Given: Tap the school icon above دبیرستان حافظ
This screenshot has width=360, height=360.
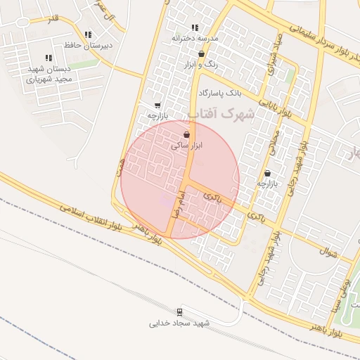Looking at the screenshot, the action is click(88, 34).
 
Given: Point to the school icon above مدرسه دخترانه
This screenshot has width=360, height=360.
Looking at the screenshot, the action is click(195, 27).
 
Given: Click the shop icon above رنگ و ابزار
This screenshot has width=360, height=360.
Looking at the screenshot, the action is click(202, 53).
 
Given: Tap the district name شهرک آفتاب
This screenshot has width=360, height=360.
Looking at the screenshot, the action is click(220, 113).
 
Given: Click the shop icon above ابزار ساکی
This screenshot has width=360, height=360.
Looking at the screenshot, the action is click(186, 134).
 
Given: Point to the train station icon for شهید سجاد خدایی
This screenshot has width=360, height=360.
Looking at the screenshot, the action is click(180, 311).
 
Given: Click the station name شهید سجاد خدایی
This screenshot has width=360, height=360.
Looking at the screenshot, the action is click(180, 323).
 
